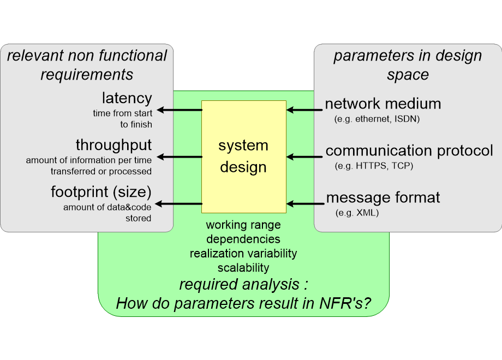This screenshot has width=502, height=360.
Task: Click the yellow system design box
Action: coord(243,156)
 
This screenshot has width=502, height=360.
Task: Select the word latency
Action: coord(127,99)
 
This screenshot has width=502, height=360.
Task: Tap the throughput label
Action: coord(113,145)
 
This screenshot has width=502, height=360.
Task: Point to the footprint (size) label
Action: coord(101,192)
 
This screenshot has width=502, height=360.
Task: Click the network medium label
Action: coord(383,104)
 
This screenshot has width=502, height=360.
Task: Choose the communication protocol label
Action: coord(409,151)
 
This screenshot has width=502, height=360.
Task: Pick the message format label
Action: coord(383,197)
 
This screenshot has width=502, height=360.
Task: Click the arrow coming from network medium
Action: coord(304,110)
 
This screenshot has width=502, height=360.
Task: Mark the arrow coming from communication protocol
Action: coord(304,157)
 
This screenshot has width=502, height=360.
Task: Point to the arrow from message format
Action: coord(304,204)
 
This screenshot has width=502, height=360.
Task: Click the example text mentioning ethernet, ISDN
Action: coord(376,118)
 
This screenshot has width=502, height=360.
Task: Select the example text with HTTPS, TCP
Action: coord(374,165)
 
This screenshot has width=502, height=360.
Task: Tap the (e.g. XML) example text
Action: coord(357,212)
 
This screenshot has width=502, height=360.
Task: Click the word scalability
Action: coord(243,267)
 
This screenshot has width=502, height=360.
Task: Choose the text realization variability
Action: coord(243,253)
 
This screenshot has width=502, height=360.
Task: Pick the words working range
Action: coord(243,225)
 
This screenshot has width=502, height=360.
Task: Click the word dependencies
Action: coord(243,239)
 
